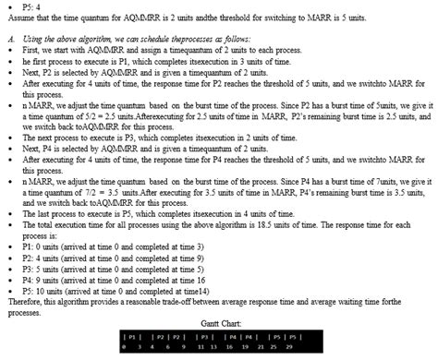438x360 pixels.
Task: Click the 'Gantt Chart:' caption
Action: point(219,324)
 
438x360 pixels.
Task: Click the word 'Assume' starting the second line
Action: point(22,18)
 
